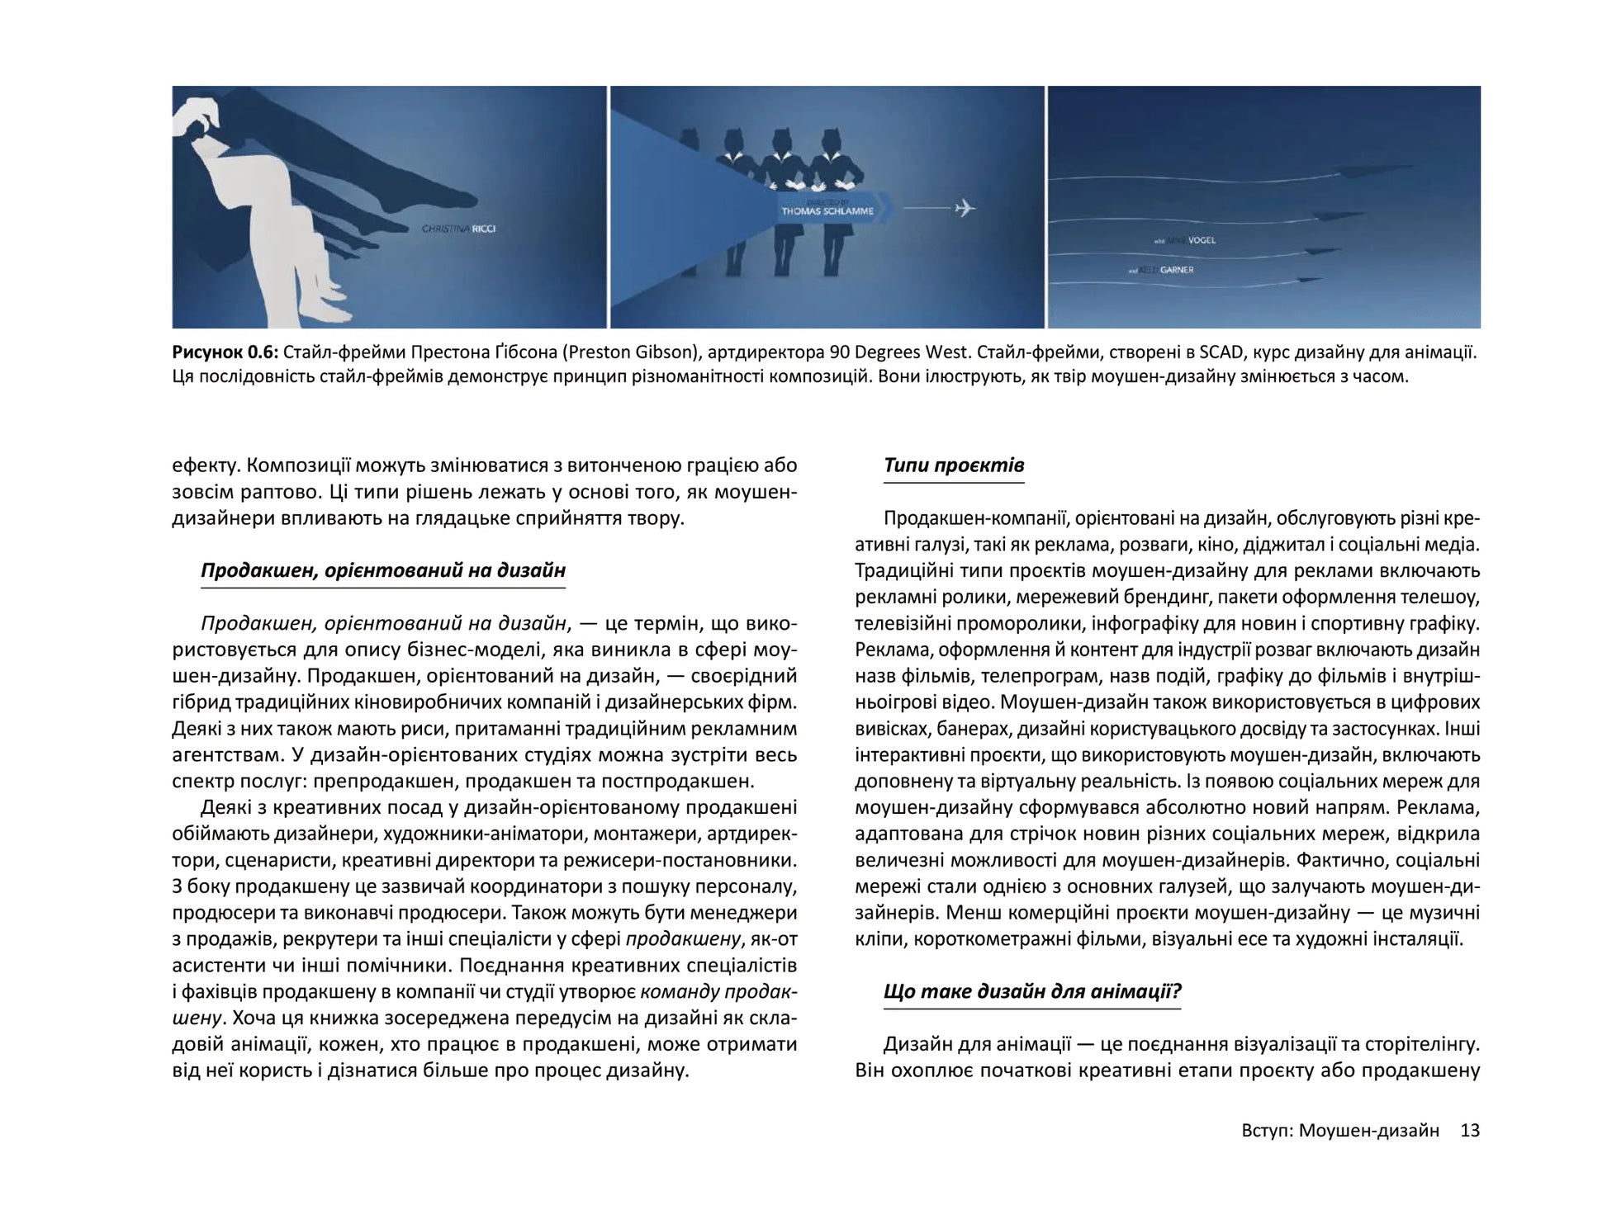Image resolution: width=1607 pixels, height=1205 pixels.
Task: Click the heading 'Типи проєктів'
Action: point(953,465)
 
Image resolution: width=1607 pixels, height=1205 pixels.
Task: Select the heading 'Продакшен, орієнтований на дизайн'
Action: point(382,570)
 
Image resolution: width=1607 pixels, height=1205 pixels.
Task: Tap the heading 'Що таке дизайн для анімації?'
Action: point(1031,991)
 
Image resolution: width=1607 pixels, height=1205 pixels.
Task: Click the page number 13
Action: point(1470,1131)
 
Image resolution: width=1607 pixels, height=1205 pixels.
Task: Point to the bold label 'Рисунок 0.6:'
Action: point(225,352)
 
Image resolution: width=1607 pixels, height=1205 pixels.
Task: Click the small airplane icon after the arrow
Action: point(964,207)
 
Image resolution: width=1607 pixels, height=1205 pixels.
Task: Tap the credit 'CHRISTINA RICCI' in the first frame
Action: point(458,229)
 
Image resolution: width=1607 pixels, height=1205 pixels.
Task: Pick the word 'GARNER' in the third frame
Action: point(1176,270)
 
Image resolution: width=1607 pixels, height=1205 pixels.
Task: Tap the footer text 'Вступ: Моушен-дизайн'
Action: point(1340,1131)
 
